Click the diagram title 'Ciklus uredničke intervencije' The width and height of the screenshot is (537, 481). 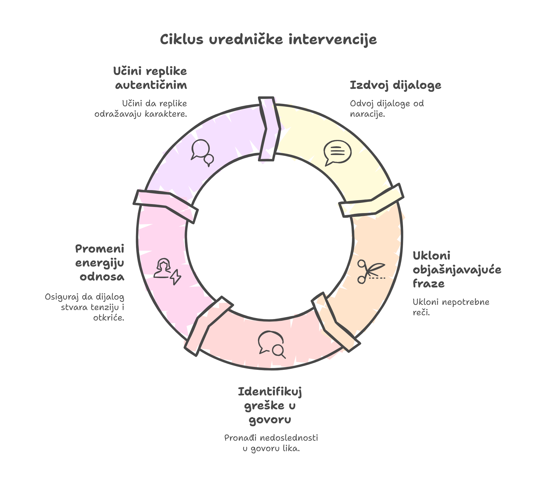(268, 39)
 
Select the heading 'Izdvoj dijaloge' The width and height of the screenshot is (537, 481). (395, 85)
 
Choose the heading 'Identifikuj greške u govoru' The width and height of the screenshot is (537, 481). (270, 406)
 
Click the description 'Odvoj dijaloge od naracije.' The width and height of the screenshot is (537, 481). (386, 109)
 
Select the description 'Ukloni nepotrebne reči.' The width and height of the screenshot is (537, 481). (451, 307)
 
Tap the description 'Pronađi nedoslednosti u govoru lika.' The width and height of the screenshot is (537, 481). (271, 443)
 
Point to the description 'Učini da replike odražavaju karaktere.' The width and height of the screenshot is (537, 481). (141, 109)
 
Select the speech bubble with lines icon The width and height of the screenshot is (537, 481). (337, 153)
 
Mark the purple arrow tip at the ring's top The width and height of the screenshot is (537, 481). (269, 129)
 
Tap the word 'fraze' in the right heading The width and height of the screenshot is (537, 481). (428, 284)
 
